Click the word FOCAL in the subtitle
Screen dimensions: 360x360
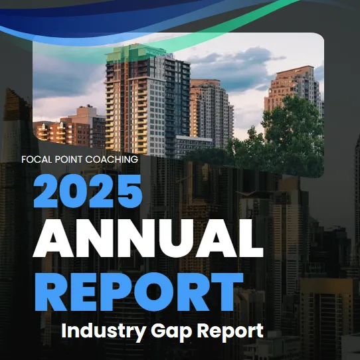click(x=37, y=159)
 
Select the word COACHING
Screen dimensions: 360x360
click(x=112, y=159)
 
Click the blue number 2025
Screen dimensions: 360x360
click(x=88, y=191)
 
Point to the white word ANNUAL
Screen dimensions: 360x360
click(x=148, y=238)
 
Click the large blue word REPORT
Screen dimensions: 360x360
click(x=139, y=292)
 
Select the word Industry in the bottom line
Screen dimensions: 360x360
click(x=104, y=331)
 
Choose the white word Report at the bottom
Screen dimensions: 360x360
click(x=230, y=331)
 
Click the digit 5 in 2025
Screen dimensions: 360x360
click(x=130, y=191)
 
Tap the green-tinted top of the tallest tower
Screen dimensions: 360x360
click(x=135, y=53)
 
